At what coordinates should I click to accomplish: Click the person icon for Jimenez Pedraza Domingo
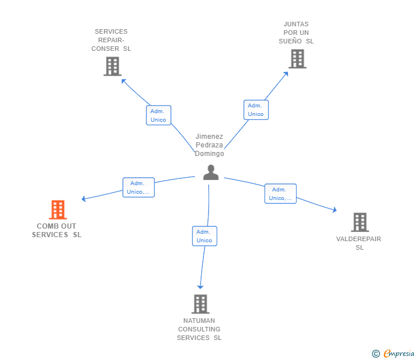pos(211,172)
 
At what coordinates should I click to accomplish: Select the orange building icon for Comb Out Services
pos(58,210)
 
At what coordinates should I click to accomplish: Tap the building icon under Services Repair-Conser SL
pos(113,66)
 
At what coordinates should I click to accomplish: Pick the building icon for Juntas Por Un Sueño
pos(297,59)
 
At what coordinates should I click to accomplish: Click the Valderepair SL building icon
pos(359,222)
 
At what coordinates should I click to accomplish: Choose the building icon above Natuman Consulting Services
pos(200,304)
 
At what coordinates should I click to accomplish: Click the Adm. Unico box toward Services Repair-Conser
pos(158,115)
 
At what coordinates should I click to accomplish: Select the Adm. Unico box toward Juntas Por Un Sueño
pos(255,110)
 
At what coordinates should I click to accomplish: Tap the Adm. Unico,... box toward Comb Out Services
pos(139,187)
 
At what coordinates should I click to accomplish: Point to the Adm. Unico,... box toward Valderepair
pos(280,194)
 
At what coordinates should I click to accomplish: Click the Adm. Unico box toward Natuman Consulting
pos(204,236)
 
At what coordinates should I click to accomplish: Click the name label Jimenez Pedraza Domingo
pos(209,145)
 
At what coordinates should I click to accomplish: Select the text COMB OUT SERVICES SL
pos(57,230)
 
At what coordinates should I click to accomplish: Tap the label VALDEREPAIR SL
pos(359,243)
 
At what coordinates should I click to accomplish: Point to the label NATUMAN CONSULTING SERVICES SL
pos(199,329)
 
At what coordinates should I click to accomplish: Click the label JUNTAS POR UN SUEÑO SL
pos(296,33)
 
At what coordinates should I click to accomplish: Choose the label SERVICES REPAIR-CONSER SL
pos(111,40)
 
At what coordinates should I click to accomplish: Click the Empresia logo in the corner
pos(394,354)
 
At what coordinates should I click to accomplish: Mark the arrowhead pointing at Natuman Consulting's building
pos(200,286)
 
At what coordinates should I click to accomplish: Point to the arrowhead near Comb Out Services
pos(83,199)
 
